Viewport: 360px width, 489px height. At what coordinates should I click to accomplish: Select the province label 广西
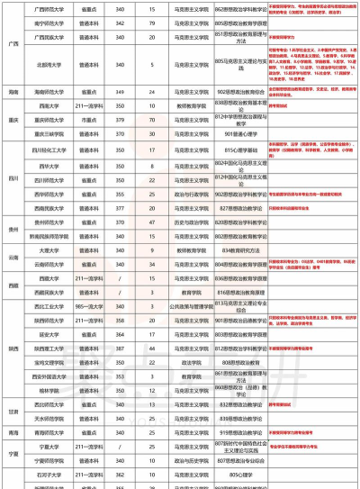tap(12, 42)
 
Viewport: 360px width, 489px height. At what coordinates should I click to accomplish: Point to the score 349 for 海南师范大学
tap(121, 92)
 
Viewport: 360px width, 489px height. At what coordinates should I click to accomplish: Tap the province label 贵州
tap(12, 229)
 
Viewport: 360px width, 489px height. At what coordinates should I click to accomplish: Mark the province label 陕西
tap(12, 347)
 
